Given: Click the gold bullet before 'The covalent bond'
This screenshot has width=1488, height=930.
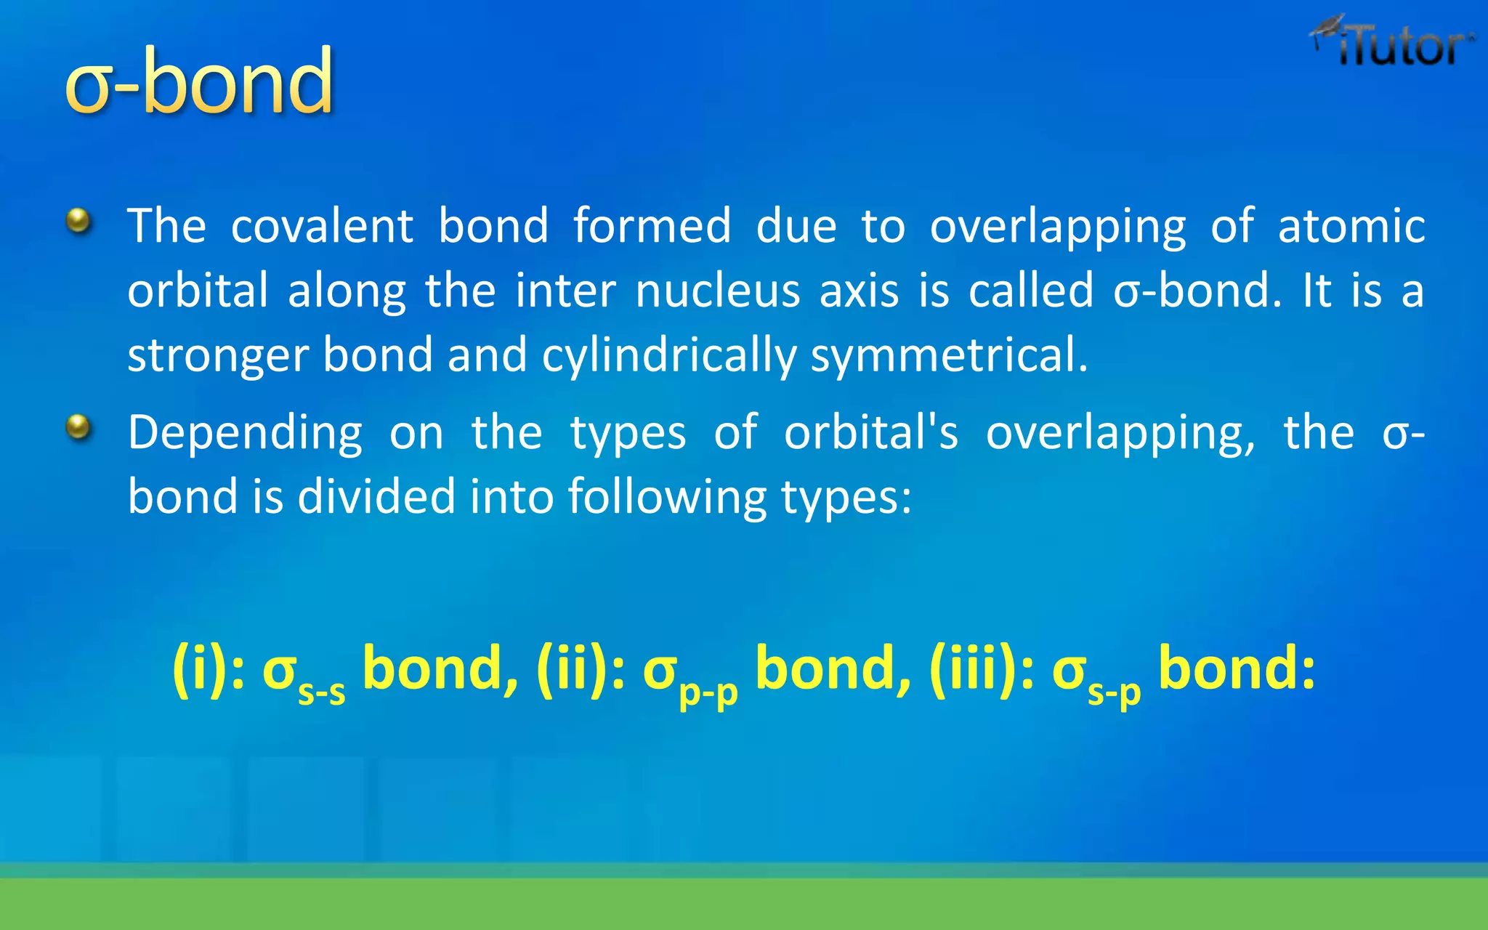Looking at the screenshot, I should click(x=78, y=220).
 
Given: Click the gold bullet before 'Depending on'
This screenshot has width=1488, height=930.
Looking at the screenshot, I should click(x=78, y=427).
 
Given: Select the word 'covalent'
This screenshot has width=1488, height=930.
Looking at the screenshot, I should click(x=322, y=226).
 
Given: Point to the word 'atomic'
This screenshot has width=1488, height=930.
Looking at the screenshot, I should click(x=1351, y=226).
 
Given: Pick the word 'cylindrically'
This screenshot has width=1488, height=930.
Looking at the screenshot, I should click(x=669, y=356).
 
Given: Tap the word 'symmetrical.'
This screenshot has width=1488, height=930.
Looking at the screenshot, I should click(x=949, y=356).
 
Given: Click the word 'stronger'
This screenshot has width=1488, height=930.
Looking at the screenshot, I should click(x=219, y=356).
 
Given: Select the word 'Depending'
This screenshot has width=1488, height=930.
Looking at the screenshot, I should click(x=245, y=434).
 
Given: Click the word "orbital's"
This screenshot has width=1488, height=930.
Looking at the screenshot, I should click(x=870, y=433).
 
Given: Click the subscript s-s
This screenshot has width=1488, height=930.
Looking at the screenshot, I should click(x=322, y=693).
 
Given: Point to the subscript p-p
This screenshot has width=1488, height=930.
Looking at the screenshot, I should click(x=708, y=695).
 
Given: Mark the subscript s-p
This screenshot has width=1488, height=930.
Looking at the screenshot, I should click(x=1114, y=695).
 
